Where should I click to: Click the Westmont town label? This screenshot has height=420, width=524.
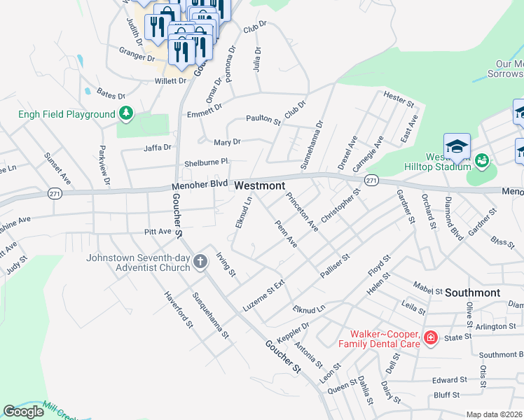(260, 185)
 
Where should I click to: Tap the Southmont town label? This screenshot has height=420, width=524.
(473, 293)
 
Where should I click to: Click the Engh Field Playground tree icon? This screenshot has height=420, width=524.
(126, 113)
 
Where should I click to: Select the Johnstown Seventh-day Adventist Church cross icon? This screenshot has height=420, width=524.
(200, 262)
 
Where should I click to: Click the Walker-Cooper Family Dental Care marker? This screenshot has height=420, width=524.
(431, 339)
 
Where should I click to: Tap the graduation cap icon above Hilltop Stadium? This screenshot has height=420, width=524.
(457, 146)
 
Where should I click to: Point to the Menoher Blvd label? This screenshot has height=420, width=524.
(200, 185)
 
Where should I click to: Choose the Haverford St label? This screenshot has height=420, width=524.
(178, 309)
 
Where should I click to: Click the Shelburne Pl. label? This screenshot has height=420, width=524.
(207, 162)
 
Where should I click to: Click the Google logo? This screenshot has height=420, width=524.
(24, 412)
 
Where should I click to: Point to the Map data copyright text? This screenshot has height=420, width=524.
(495, 414)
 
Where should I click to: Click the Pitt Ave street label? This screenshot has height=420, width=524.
(138, 230)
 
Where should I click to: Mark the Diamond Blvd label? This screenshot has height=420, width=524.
(453, 219)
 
